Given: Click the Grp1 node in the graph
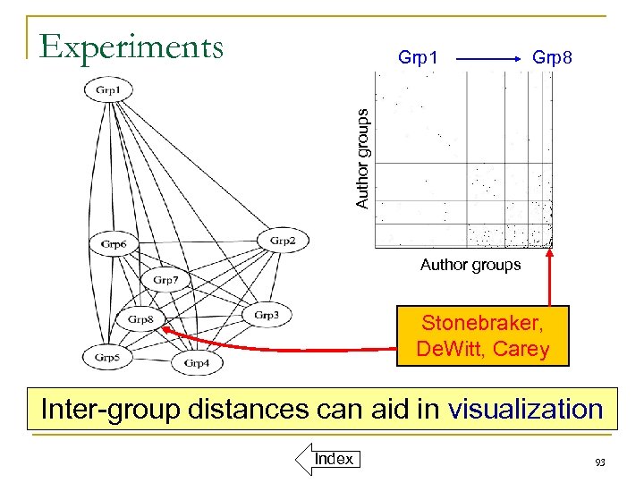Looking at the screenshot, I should (110, 89).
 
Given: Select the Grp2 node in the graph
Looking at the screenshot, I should (283, 241).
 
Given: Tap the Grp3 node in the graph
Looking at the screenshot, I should (267, 315).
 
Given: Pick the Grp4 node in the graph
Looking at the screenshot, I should (197, 362).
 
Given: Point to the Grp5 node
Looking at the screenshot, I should (107, 357).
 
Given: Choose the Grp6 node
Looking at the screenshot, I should (114, 243).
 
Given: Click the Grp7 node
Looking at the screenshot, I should (165, 280).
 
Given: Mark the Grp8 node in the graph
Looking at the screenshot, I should (140, 318).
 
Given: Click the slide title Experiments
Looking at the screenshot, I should (131, 47).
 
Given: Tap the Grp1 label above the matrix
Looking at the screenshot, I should (418, 58).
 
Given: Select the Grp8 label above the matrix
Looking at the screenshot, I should (552, 58).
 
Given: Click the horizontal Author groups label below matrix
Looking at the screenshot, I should (470, 265).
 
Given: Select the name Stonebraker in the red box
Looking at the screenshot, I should (482, 322).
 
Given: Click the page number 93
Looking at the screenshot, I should (599, 462).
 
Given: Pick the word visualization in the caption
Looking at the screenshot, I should (526, 410).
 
